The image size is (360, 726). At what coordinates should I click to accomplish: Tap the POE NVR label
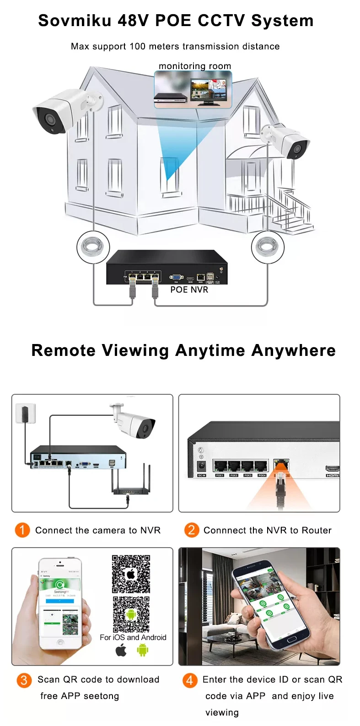189,290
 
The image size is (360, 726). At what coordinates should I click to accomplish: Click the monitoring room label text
194,66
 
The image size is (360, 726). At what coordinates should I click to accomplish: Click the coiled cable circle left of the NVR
93,247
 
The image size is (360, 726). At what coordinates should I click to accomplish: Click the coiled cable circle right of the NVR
268,247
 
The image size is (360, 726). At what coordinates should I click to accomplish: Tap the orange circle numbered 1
22,530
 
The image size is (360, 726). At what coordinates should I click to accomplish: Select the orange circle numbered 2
191,530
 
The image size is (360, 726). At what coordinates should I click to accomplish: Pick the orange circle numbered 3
24,680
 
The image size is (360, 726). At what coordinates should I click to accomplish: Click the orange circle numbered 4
189,680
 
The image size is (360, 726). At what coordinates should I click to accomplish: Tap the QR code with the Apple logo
131,574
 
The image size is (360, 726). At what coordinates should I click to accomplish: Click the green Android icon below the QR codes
143,650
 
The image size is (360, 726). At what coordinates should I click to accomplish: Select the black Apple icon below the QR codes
121,650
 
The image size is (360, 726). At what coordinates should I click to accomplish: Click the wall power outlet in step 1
23,413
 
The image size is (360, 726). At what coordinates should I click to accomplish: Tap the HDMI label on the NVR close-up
332,475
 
